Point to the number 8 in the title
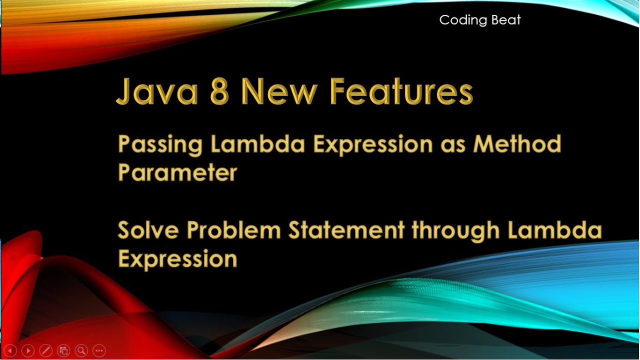pos(219,92)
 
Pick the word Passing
pos(160,145)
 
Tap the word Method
pos(517,144)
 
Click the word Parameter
pos(177,173)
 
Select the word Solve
pos(148,230)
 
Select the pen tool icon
pos(45,350)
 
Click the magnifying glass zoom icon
pos(81,350)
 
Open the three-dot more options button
pos(99,350)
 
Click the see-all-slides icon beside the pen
pos(63,350)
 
